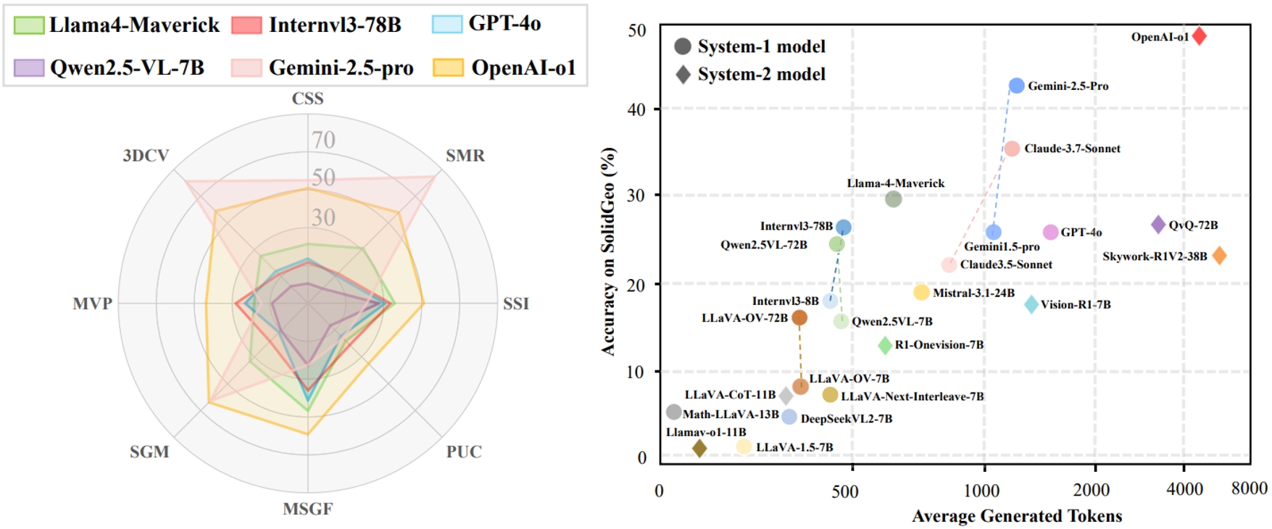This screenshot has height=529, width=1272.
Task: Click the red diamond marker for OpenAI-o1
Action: coord(1200,36)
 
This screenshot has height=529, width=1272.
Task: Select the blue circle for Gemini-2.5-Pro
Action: coord(1017,86)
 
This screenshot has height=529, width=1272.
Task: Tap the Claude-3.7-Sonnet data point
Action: coord(1013,149)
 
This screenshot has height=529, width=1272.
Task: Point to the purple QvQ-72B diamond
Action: coord(1158,225)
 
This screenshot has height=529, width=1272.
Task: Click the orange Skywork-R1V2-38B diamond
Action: coord(1219,256)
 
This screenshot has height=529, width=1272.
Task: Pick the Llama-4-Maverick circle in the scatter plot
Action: coord(894,199)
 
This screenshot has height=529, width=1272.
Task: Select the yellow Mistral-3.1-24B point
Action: coord(921,292)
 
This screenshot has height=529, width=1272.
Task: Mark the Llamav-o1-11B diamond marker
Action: coord(699,449)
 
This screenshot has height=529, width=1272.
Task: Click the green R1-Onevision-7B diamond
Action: coord(885,345)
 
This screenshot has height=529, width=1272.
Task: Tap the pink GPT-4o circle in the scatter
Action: coord(1050,232)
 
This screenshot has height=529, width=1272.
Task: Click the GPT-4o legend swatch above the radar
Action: coord(447,24)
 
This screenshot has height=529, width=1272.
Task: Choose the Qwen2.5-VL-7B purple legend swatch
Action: coord(29,68)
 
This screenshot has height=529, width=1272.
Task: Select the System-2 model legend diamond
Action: coord(683,74)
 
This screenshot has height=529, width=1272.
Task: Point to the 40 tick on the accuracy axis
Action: coord(636,109)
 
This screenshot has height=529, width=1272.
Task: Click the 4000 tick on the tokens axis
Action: coord(1184,490)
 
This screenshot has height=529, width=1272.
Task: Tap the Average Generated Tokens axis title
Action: coord(1016,516)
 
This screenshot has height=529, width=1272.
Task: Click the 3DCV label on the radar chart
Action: coord(146,156)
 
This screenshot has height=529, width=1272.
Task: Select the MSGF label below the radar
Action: coord(307,509)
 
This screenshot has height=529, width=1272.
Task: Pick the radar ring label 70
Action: coord(323,139)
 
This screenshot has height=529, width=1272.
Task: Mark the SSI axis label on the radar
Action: coord(516,304)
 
